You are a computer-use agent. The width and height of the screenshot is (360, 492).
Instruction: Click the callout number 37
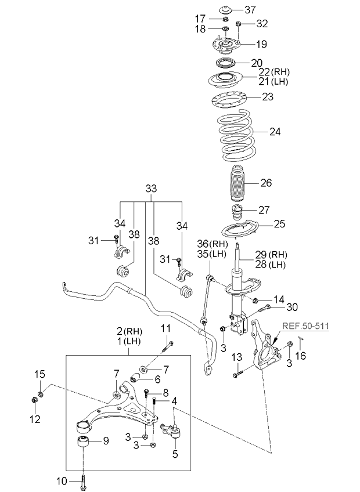click(250, 9)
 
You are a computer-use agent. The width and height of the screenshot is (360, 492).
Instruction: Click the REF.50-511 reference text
click(305, 327)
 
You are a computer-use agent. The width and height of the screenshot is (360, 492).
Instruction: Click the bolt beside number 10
click(85, 480)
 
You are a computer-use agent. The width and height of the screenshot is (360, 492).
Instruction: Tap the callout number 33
click(151, 189)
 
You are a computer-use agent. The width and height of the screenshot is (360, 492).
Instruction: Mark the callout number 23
click(267, 97)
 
